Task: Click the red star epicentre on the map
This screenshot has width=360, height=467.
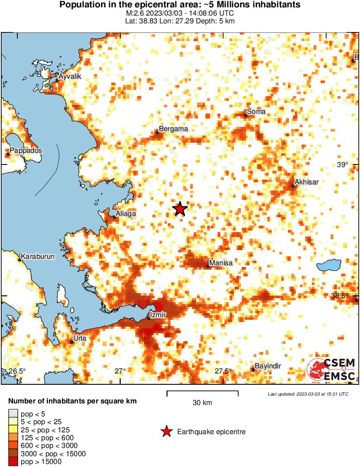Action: click(180, 209)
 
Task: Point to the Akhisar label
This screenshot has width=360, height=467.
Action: click(306, 182)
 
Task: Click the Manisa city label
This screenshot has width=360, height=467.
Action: click(221, 263)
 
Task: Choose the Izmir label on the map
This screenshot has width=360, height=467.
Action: click(157, 315)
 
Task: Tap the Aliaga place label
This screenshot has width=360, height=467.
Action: click(126, 214)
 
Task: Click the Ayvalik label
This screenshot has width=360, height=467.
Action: click(70, 76)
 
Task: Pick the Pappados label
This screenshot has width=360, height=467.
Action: click(26, 150)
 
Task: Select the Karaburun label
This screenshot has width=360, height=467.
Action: click(38, 257)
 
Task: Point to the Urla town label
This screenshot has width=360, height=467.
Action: click(80, 338)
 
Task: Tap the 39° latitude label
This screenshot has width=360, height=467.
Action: click(342, 164)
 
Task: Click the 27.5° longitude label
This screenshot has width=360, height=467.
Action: click(224, 371)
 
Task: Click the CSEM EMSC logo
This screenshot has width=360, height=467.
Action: click(331, 370)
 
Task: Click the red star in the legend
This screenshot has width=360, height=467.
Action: click(166, 432)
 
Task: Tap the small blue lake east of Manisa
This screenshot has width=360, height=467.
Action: click(330, 265)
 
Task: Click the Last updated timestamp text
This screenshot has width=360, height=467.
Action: click(308, 394)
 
